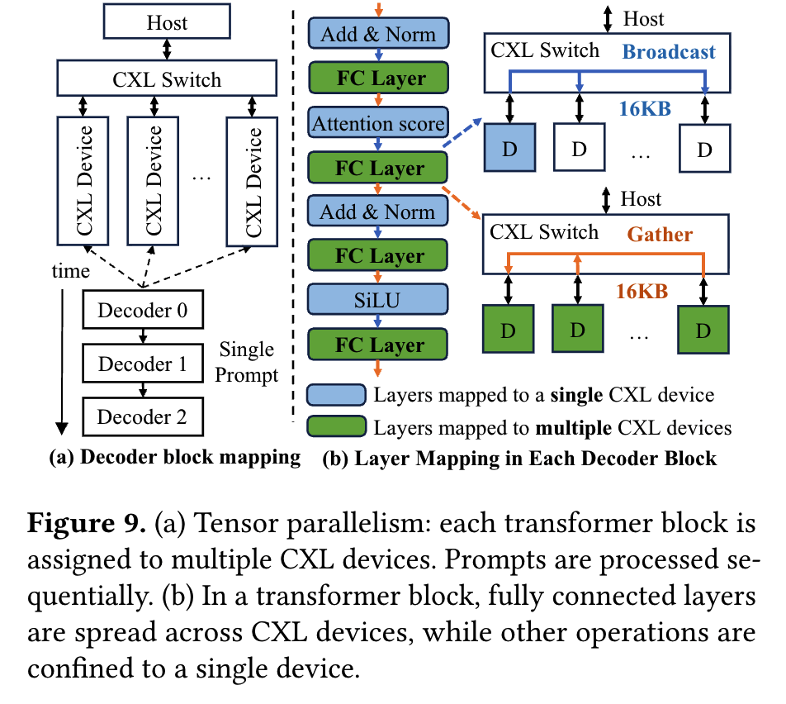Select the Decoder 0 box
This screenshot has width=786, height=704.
[142, 311]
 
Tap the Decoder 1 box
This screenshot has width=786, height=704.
[142, 364]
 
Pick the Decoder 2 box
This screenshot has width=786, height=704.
[142, 416]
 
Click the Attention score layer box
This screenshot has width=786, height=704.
[378, 124]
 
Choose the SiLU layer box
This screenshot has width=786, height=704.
[378, 301]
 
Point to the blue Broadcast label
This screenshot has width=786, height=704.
[669, 52]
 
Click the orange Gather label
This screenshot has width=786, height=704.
[660, 235]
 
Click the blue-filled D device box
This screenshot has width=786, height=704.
[509, 150]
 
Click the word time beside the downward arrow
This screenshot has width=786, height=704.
[71, 271]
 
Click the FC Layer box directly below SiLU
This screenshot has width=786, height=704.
[378, 345]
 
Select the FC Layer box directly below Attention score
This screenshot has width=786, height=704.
[378, 169]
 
